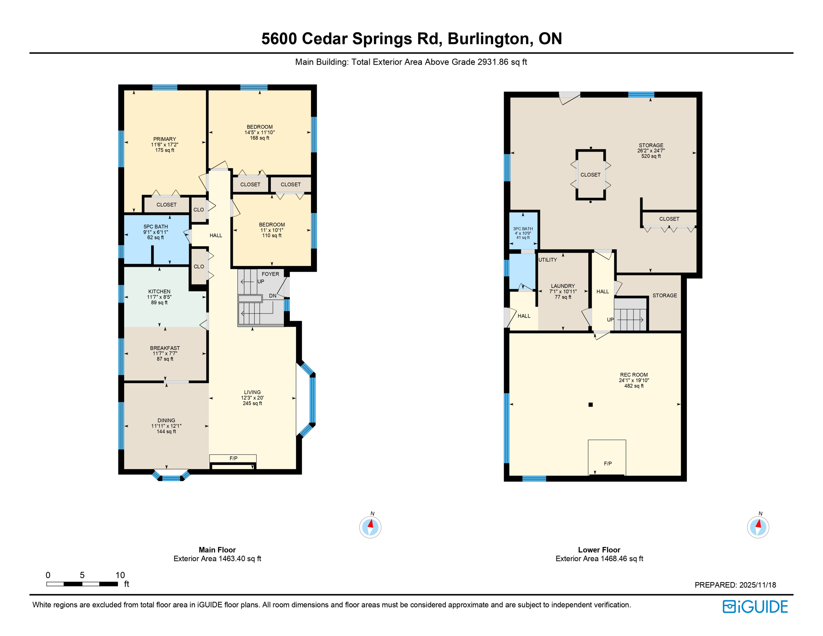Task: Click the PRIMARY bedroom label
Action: coord(165,140)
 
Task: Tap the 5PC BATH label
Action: coord(156,227)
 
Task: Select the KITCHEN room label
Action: coord(159,292)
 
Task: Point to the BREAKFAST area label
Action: coord(165,348)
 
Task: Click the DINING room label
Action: coord(166,421)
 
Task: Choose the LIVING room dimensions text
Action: coord(252,398)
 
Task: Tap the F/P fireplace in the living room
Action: coord(233,458)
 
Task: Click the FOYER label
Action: coord(270,274)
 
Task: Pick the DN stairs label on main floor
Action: coord(272,296)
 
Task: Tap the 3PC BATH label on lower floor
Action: coord(523,229)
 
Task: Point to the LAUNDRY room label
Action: coord(563,286)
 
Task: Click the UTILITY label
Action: coord(547,260)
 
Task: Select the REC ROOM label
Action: coord(633,375)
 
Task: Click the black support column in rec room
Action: coord(591,405)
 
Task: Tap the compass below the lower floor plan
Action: coord(758,528)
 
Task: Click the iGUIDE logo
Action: coord(755,607)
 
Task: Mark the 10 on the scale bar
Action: coord(120,575)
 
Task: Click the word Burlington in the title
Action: coord(488,39)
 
